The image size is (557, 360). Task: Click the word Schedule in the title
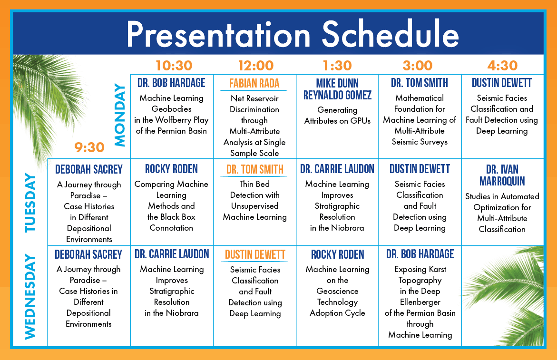pos(390,34)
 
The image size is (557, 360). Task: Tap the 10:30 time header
pos(174,66)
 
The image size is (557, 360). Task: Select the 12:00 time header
pos(256,66)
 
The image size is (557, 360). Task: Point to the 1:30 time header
pos(337,66)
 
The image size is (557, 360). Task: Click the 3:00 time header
pos(418,66)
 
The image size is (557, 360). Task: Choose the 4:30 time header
pos(502,66)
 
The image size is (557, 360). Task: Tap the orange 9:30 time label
pos(89,147)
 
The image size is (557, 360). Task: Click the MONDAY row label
pos(120,115)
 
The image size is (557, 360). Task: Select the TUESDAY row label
pos(30,203)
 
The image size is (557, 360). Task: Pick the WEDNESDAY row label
pos(30,296)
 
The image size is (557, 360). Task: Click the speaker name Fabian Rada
pos(254,83)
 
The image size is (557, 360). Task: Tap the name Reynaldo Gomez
pos(337,95)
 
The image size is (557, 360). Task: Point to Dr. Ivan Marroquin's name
pos(502,175)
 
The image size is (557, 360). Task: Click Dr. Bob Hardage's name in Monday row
pos(171,83)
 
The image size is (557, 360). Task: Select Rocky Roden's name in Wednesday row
pos(337,254)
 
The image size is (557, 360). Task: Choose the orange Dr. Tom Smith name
pos(254,169)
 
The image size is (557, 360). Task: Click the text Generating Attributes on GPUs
pos(337,116)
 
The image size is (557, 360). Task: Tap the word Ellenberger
pos(420,302)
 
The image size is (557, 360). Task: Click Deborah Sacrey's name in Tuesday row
pos(89,169)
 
